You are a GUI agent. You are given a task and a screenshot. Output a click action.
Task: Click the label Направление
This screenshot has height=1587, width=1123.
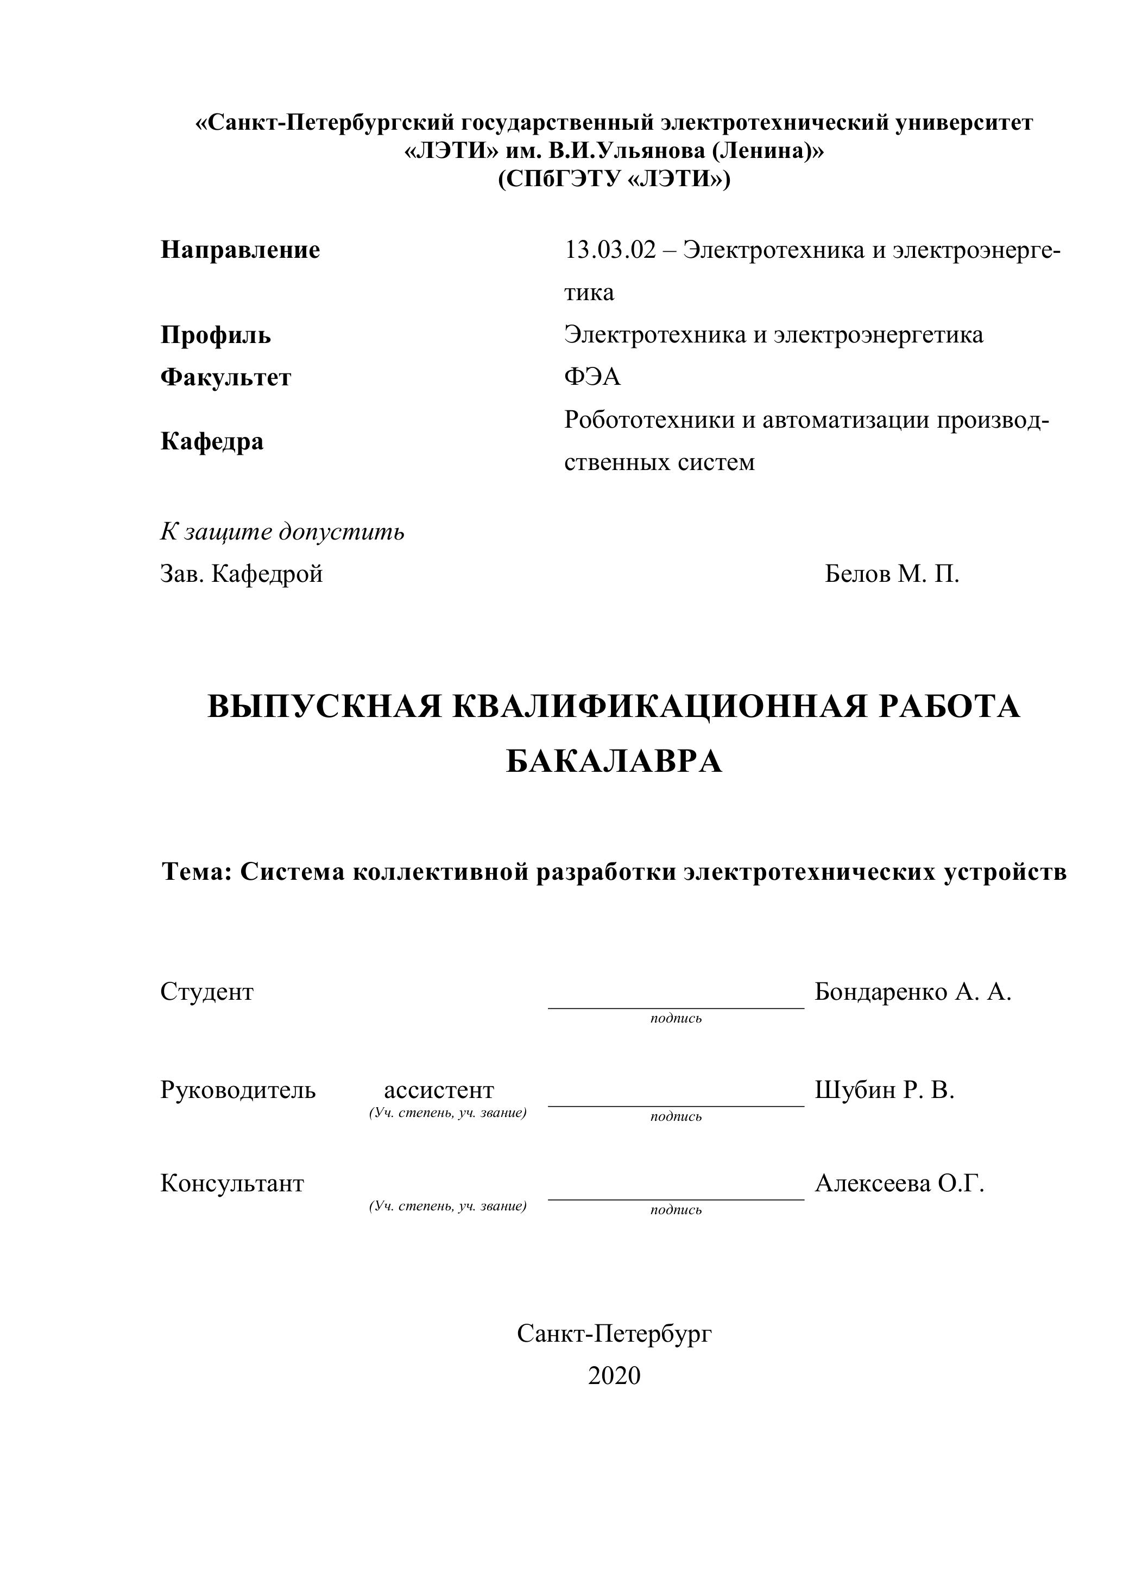click(240, 250)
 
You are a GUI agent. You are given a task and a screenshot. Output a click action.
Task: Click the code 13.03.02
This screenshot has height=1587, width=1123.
click(609, 250)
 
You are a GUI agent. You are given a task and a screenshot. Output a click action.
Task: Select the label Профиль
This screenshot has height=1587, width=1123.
click(216, 335)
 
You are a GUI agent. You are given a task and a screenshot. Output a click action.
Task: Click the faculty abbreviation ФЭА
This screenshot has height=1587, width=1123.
click(592, 377)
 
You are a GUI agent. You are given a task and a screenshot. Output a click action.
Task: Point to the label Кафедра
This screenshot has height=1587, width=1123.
click(212, 441)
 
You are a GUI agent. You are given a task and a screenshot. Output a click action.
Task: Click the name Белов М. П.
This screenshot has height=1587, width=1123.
click(891, 574)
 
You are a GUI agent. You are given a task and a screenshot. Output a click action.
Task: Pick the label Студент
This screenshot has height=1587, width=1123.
click(207, 992)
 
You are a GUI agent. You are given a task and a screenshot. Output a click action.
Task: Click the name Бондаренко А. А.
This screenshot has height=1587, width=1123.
click(913, 992)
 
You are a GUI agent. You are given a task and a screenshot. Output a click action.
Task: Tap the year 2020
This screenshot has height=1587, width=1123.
click(614, 1375)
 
